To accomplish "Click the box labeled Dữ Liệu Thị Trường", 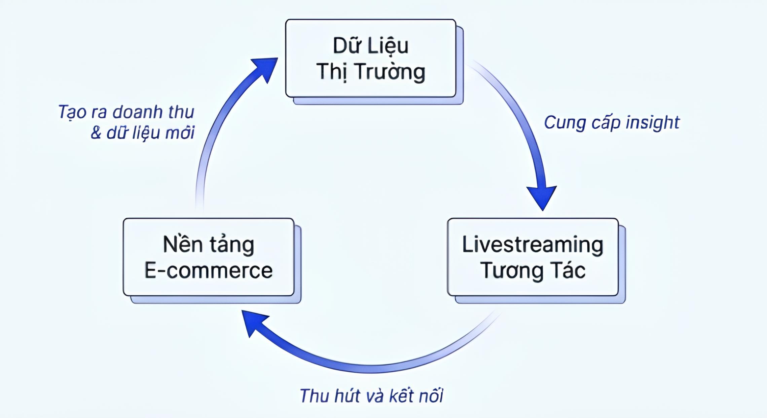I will pos(370,58).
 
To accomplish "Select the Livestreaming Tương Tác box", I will pos(533,257).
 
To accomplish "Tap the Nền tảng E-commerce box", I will pos(209,257).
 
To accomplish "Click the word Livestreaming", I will pos(533,245).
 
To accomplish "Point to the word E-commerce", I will pos(209,270).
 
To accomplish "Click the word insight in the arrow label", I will pos(653,122).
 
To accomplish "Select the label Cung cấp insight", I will pos(612,122).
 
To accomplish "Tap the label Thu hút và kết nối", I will pos(371,395).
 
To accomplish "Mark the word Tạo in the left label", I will pos(70,112).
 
